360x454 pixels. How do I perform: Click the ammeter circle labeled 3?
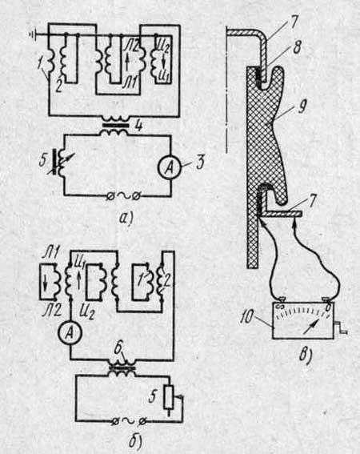170,168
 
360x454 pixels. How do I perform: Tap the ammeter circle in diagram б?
70,333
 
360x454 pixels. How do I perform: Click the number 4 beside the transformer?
139,126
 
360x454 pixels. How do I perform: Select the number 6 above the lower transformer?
118,349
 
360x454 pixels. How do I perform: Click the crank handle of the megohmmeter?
342,328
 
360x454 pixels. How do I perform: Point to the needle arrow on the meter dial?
311,327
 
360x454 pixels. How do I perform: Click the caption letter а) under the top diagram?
126,219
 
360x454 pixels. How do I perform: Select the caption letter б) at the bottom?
135,440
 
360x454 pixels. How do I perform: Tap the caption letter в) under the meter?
306,356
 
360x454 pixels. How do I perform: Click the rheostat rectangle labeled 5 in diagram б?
169,397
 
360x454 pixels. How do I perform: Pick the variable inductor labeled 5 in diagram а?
61,162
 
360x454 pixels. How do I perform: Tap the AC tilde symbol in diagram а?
122,197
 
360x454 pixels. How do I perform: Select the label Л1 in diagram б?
50,254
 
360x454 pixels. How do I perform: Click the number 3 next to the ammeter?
200,163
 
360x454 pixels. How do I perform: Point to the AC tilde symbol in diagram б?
128,422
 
